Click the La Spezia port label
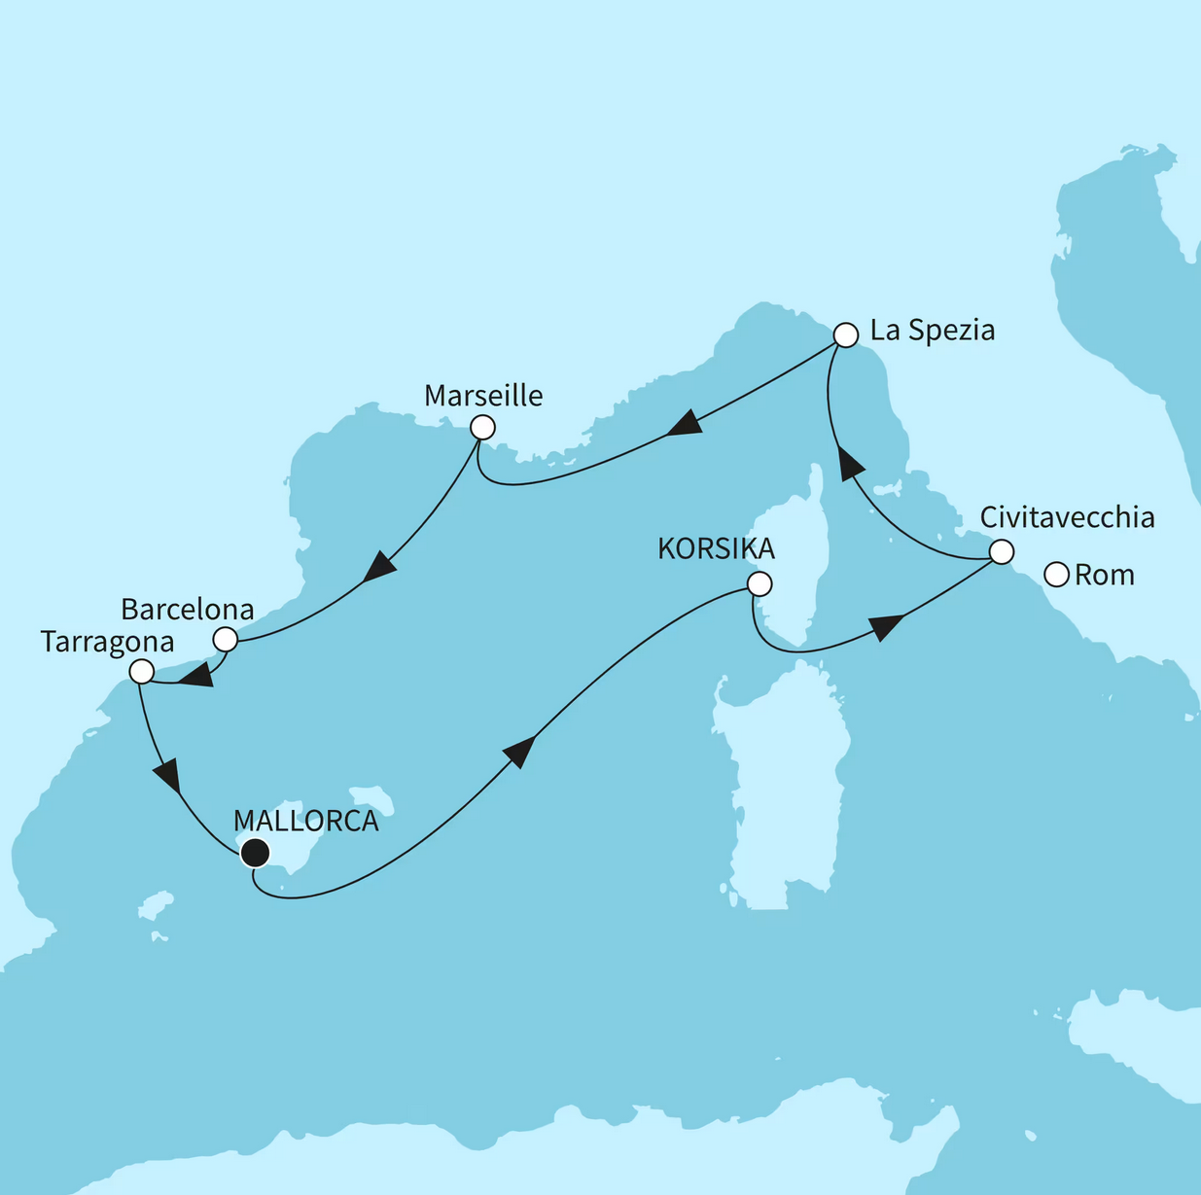[x=932, y=331]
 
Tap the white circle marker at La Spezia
[x=846, y=335]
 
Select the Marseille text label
[x=483, y=396]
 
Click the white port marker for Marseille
[x=482, y=428]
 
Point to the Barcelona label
[x=187, y=610]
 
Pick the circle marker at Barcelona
[x=225, y=639]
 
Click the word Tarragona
[x=107, y=642]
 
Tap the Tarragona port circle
[x=141, y=671]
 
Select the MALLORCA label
[x=305, y=821]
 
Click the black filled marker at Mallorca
[x=254, y=853]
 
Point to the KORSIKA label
[x=716, y=548]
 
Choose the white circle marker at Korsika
[x=759, y=583]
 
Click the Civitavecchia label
[x=1067, y=517]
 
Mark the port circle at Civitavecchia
[x=1001, y=552]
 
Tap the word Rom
[x=1104, y=575]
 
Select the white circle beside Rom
[x=1056, y=575]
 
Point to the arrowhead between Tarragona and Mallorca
[x=167, y=775]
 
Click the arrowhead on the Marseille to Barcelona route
[x=379, y=566]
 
